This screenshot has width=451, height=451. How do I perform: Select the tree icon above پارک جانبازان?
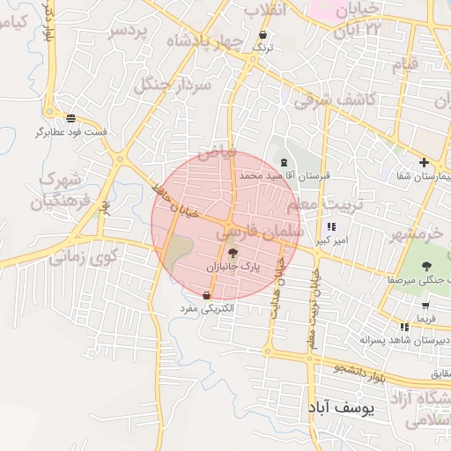click(233, 253)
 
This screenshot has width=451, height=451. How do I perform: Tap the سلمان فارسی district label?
click(260, 232)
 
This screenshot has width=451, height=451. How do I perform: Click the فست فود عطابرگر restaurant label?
click(71, 132)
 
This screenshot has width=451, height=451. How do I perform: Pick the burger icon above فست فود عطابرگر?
click(70, 118)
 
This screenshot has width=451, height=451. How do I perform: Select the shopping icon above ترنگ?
click(262, 36)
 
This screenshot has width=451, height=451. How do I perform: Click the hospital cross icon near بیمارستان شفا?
click(424, 162)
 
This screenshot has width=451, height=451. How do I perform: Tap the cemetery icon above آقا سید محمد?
click(283, 163)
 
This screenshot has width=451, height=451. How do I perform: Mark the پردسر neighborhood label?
click(129, 32)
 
